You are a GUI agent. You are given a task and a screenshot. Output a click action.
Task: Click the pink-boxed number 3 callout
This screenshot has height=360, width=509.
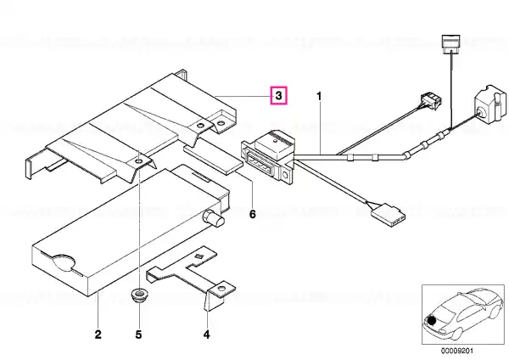click(279, 95)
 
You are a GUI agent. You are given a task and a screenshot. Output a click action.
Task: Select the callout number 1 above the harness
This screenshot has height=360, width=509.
click(320, 97)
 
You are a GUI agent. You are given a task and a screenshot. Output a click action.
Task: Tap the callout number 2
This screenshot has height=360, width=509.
click(98, 335)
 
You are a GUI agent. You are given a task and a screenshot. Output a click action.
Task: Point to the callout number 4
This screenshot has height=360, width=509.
click(207, 335)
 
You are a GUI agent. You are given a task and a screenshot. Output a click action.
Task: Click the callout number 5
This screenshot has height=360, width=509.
click(138, 335)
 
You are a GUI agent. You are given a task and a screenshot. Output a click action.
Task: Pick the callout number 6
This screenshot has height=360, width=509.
click(253, 214)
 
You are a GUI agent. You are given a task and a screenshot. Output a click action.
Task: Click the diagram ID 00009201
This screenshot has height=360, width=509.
click(456, 351)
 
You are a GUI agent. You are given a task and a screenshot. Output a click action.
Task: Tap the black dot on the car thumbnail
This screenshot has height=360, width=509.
click(432, 321)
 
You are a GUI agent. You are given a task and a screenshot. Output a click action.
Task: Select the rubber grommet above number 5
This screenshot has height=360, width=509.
click(138, 295)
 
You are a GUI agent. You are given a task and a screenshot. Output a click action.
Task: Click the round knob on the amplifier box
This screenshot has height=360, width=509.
click(214, 219)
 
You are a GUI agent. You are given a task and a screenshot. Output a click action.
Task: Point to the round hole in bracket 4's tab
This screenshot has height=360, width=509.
click(221, 289)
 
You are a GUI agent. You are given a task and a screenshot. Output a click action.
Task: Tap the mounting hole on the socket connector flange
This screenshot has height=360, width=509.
click(285, 176)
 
